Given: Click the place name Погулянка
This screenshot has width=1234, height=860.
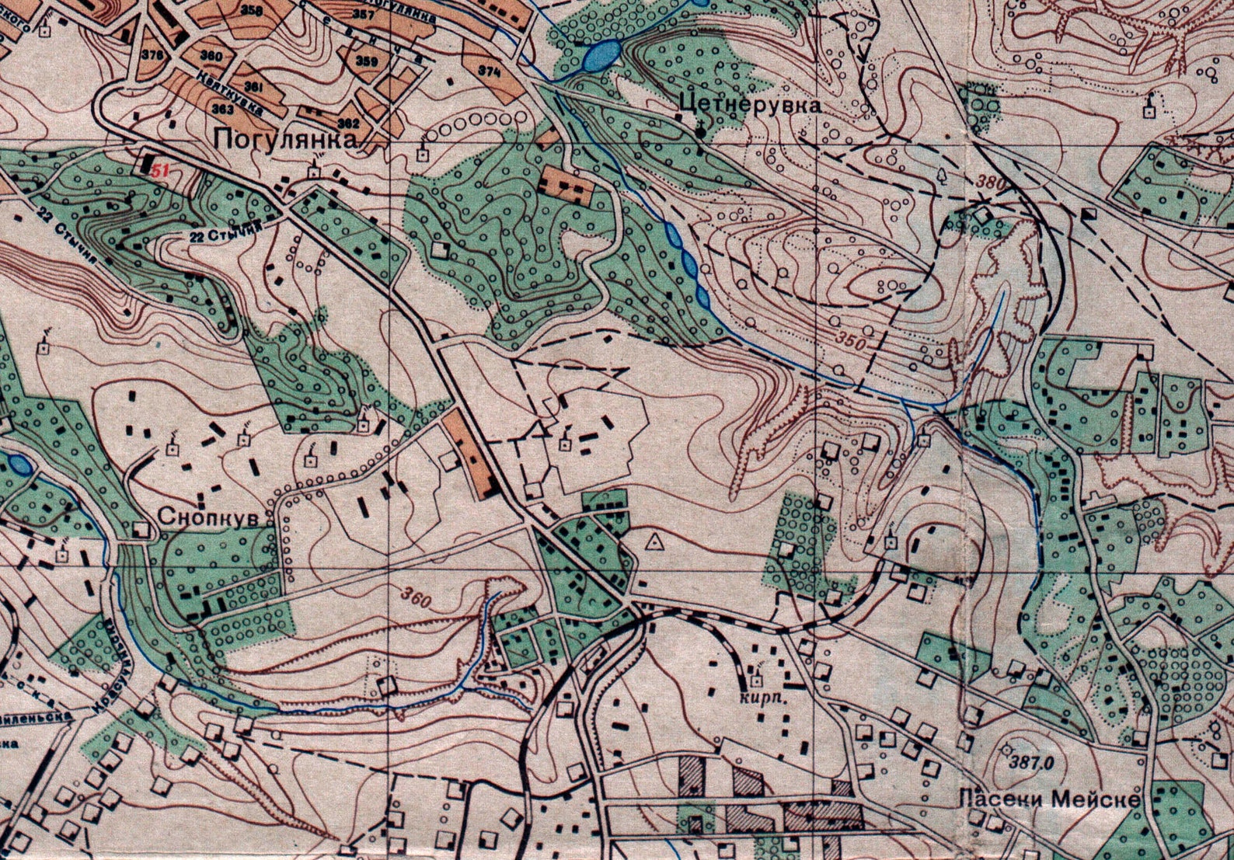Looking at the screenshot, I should coord(286,140).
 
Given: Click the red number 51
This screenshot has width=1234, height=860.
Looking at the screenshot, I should coord(160,172).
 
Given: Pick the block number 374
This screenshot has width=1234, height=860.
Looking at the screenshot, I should coord(489,71).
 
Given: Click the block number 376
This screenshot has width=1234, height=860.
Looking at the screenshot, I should coord(154,55).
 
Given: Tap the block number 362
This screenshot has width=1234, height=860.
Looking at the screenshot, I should coord(350,123).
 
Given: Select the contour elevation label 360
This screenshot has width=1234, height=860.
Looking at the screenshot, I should coord(416,597).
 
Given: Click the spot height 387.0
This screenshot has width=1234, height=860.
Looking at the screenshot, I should coord(1026,763).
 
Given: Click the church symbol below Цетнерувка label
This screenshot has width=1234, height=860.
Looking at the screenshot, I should coord(702,131).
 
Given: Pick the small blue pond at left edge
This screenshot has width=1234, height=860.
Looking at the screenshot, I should coord(17,465).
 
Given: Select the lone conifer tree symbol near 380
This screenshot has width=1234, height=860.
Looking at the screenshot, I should coord(943,174).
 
